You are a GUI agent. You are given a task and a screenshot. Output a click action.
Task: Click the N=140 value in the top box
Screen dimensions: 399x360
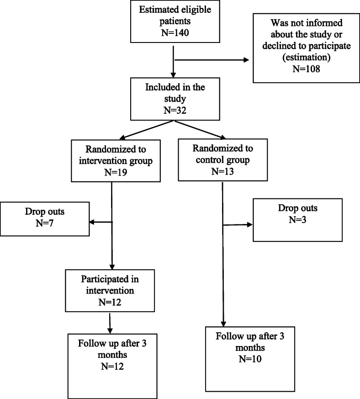pyautogui.click(x=175, y=31)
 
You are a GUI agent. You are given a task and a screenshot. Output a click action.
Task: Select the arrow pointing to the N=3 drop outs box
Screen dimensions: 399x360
pyautogui.click(x=238, y=225)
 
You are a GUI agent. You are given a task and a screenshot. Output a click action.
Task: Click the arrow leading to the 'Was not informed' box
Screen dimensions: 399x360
pyautogui.click(x=210, y=59)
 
